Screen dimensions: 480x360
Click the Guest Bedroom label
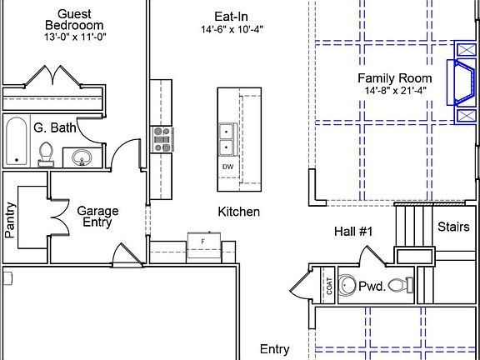click(74, 20)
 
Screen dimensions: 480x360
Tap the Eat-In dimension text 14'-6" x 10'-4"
click(232, 30)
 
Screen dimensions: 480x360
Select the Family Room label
click(395, 78)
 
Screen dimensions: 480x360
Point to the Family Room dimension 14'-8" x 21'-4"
click(395, 91)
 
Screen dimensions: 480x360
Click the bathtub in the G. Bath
click(17, 141)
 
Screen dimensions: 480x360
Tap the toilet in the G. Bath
click(46, 155)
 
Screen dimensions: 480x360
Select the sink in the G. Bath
click(82, 157)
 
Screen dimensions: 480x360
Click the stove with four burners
click(162, 139)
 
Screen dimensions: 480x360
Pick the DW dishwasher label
click(227, 167)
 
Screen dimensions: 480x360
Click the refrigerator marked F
click(204, 245)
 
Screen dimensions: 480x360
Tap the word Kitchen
click(239, 212)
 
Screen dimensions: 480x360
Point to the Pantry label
click(10, 220)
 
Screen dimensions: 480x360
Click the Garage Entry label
click(97, 217)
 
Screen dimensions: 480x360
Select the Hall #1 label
click(353, 232)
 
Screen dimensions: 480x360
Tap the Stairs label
click(453, 227)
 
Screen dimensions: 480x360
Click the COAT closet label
click(329, 286)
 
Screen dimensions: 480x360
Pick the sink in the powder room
click(347, 285)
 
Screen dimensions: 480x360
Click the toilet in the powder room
click(401, 285)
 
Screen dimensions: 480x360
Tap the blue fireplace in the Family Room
click(463, 82)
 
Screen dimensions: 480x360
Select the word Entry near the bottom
click(275, 349)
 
